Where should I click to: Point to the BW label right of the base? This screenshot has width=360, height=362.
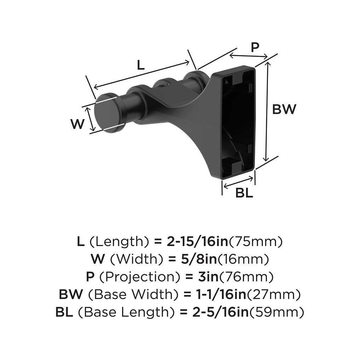284,109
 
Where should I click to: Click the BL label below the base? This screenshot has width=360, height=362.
244,193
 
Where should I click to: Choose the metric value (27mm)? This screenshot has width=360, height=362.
274,294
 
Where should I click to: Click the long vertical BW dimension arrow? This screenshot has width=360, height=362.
268,110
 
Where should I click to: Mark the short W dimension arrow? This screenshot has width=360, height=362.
92,119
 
